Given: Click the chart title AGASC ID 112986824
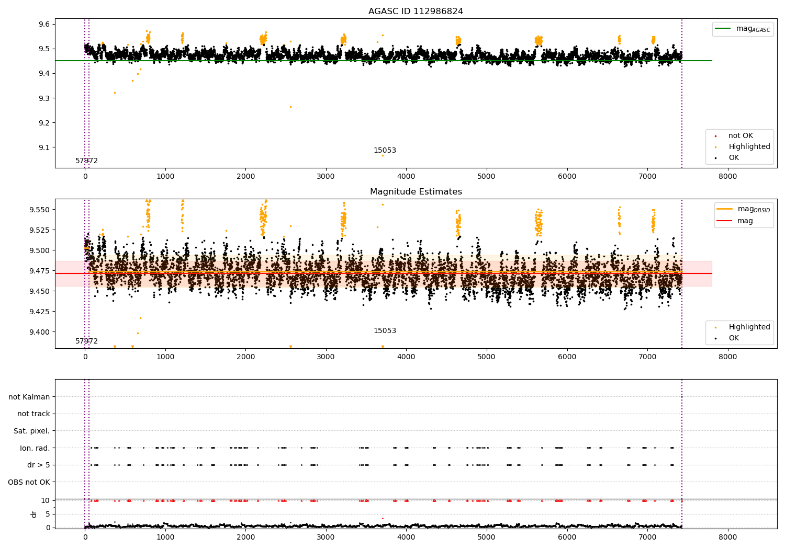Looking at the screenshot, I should pyautogui.click(x=416, y=12).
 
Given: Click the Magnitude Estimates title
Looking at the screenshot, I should pyautogui.click(x=416, y=192).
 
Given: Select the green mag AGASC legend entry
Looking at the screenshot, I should pyautogui.click(x=743, y=29).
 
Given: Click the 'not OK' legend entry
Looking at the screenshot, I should pyautogui.click(x=741, y=136).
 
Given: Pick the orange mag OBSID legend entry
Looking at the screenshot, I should pyautogui.click(x=743, y=209).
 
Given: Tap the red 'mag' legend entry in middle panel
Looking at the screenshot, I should pyautogui.click(x=744, y=221).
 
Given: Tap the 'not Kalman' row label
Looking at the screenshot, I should pyautogui.click(x=29, y=397).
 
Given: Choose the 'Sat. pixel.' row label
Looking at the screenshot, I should pyautogui.click(x=32, y=431).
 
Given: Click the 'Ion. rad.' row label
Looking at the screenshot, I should pyautogui.click(x=35, y=448).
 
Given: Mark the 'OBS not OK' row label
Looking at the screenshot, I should pyautogui.click(x=29, y=482).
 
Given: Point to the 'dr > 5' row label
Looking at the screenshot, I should pyautogui.click(x=39, y=465).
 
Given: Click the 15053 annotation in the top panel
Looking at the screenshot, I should pyautogui.click(x=385, y=151).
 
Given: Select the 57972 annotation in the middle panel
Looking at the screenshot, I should pyautogui.click(x=86, y=341).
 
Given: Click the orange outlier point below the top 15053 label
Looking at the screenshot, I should pyautogui.click(x=383, y=155).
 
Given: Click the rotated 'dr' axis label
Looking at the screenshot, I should pyautogui.click(x=34, y=514).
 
